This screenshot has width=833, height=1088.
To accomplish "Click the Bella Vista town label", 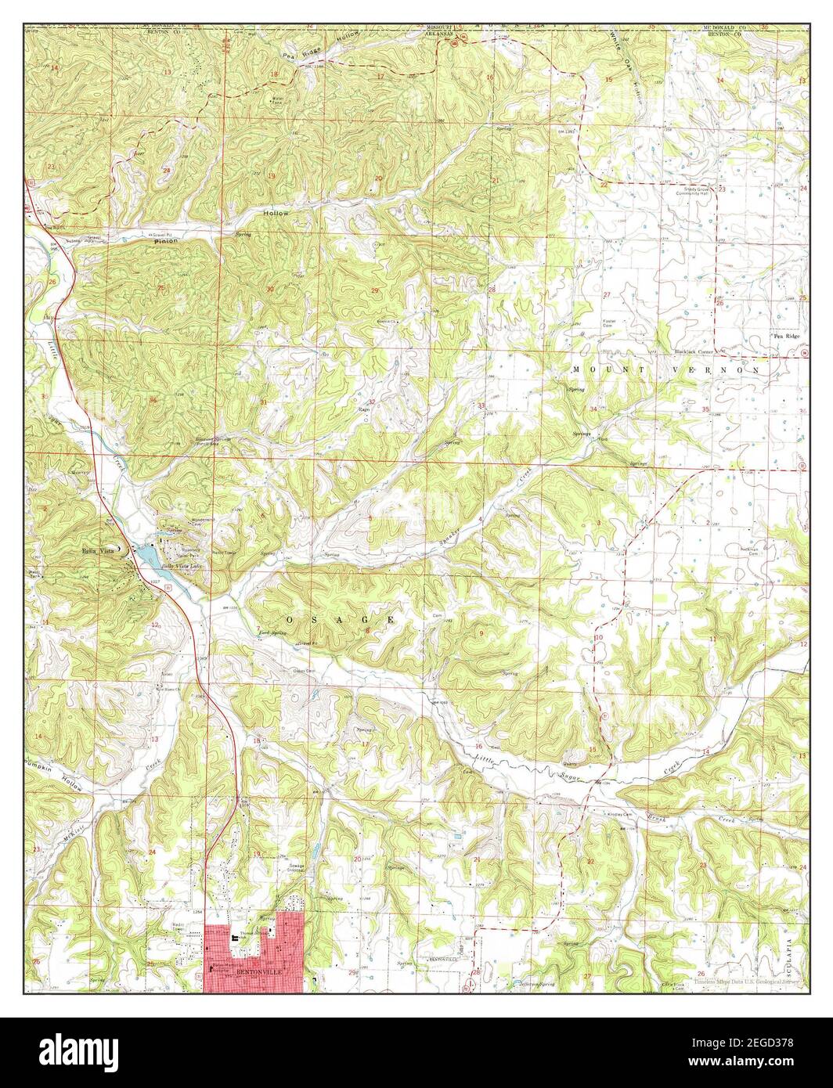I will coord(98,550).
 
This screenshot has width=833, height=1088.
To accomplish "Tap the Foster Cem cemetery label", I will coord(610,323).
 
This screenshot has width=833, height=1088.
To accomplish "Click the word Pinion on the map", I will coord(165,241).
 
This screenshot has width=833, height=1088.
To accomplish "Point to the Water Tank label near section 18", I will coord(276,99).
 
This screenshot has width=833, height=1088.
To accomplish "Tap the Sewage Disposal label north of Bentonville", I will coord(295,857).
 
